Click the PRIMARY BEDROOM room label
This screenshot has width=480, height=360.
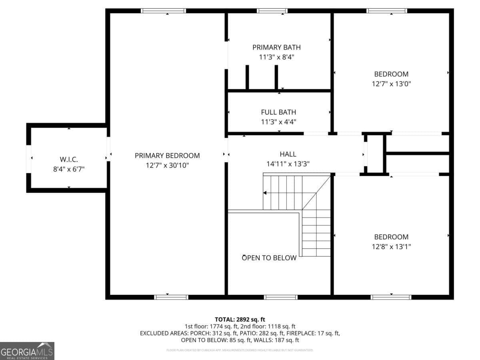(x=167, y=156)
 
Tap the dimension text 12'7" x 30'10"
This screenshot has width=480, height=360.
(x=167, y=165)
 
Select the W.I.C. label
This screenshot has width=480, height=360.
(x=69, y=159)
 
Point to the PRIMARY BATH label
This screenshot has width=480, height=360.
(x=276, y=47)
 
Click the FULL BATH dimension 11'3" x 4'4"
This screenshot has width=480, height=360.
(x=278, y=122)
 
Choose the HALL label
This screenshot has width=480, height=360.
(x=288, y=154)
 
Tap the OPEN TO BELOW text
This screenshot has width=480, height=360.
(x=269, y=258)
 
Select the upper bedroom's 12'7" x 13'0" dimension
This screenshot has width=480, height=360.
(x=391, y=84)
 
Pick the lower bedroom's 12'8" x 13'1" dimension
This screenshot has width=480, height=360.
(x=391, y=246)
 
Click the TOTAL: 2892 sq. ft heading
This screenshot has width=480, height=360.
(x=240, y=319)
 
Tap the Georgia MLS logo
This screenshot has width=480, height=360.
(x=27, y=351)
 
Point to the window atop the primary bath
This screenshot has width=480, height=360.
(x=272, y=11)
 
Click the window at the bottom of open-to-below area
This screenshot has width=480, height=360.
(x=281, y=297)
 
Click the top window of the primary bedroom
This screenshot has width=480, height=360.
(x=164, y=11)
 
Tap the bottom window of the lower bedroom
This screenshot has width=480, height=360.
(x=391, y=297)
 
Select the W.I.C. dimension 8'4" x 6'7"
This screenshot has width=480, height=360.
(x=69, y=169)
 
